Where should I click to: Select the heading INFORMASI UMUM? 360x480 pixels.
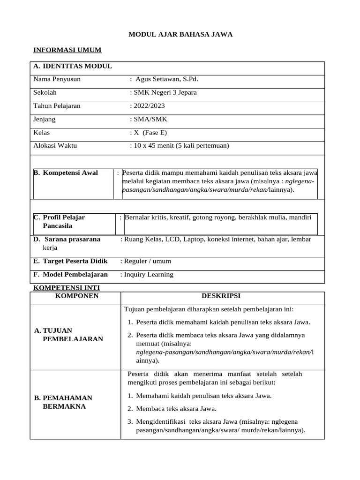[67, 50]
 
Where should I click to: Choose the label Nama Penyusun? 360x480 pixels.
[57, 79]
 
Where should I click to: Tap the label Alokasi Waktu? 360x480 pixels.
[55, 146]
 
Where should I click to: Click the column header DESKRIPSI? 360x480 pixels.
[221, 296]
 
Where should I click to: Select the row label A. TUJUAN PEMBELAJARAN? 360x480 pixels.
[68, 335]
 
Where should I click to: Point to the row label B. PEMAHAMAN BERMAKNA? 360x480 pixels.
[64, 402]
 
